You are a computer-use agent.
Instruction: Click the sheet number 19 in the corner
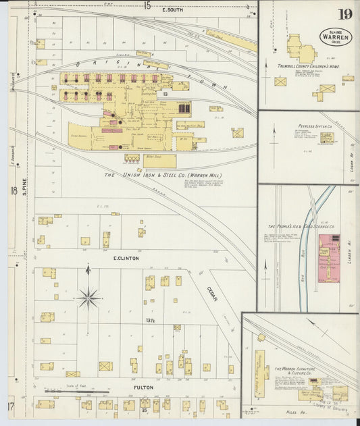pos(345,14)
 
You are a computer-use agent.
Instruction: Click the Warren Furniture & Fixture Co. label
pos(297,372)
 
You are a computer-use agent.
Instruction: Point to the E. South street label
pos(173,11)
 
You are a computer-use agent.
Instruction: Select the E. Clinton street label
pos(126,259)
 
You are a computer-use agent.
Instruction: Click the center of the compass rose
pos(88,296)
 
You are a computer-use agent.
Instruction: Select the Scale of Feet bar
pos(76,391)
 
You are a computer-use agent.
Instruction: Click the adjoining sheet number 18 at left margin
pos(14,191)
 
